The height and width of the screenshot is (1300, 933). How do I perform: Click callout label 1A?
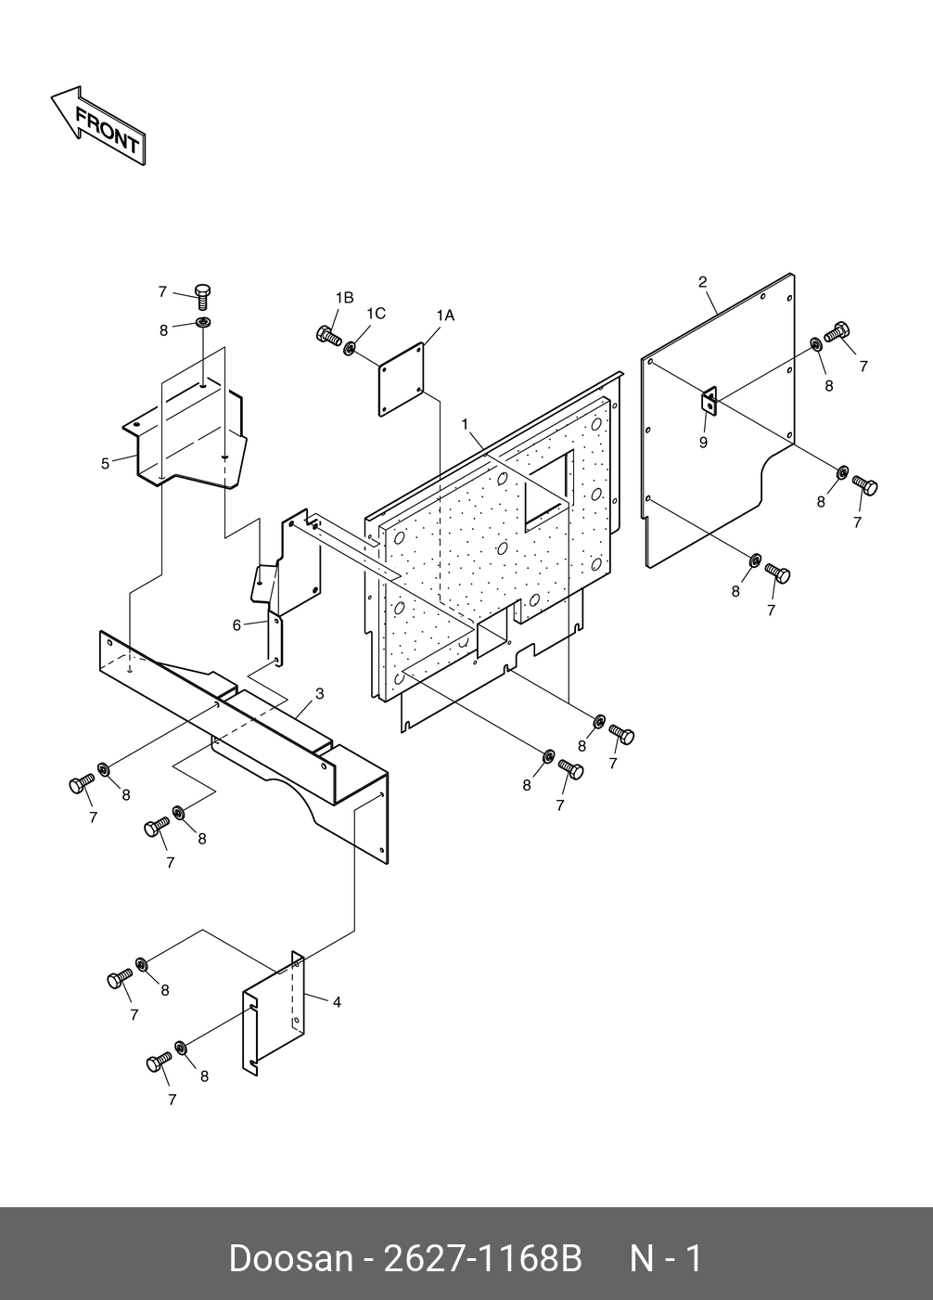click(444, 315)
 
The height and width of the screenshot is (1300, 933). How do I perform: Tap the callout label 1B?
click(344, 298)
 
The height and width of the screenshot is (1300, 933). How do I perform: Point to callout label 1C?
click(375, 314)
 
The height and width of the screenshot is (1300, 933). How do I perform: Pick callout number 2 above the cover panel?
click(702, 281)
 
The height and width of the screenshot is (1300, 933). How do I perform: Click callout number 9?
click(703, 443)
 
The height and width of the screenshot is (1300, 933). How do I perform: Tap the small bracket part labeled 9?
click(709, 401)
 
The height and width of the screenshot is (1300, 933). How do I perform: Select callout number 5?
click(106, 463)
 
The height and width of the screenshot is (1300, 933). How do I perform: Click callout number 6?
click(237, 625)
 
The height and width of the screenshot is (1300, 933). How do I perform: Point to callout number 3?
click(319, 693)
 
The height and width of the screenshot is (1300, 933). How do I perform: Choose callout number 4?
click(337, 1002)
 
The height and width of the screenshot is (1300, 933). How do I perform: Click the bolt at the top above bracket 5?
click(203, 296)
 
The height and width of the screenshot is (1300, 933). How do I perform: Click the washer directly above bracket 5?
click(202, 324)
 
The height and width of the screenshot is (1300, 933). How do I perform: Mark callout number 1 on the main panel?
click(465, 424)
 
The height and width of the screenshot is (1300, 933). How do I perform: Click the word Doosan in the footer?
click(290, 1259)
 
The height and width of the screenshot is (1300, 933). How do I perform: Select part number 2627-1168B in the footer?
click(481, 1259)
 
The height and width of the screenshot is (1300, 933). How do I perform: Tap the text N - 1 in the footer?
click(666, 1259)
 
